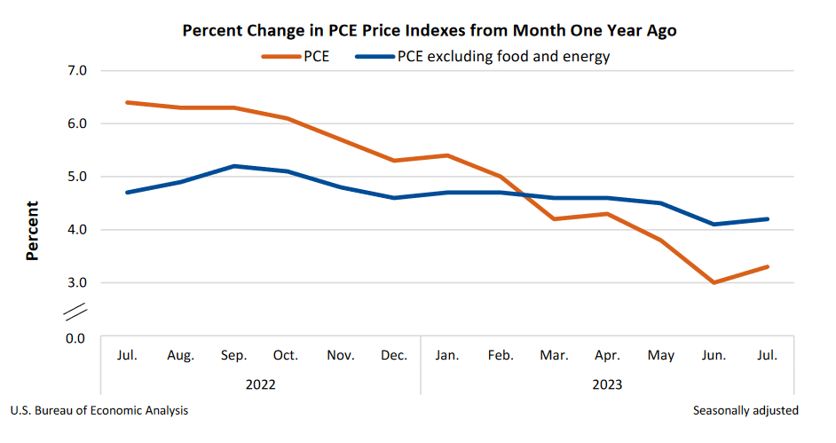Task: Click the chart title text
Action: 430,31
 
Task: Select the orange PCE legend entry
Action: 296,58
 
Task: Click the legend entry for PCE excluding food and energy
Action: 483,58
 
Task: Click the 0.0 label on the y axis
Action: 75,338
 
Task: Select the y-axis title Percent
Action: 33,231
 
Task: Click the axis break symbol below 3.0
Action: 76,312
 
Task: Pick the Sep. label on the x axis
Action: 234,355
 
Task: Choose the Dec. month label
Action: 394,355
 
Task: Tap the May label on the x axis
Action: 661,355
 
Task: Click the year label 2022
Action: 261,384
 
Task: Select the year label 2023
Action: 607,384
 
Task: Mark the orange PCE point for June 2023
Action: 714,282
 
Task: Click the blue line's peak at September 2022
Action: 234,166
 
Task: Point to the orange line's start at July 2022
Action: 128,102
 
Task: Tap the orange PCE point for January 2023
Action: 447,155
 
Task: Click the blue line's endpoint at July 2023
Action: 768,219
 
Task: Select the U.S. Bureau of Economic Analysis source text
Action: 99,411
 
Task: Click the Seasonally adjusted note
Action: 745,411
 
